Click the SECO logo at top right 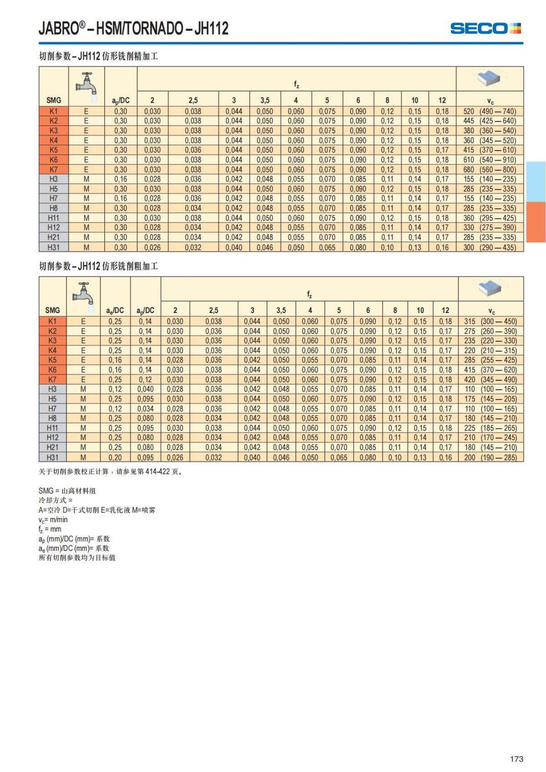coord(485,29)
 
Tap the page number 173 coord(516,759)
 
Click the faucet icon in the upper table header coord(86,83)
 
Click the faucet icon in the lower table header coord(84,293)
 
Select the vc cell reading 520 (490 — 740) coord(490,111)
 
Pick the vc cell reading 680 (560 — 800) coord(490,170)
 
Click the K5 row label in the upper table coord(54,150)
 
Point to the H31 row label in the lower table coord(52,458)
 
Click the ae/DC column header coord(115,311)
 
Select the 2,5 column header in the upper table coord(193,101)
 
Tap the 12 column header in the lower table coord(445,311)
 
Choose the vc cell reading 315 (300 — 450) coord(490,322)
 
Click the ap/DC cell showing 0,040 coord(146,389)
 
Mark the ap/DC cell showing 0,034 coord(146,409)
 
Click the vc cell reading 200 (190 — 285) coord(490,458)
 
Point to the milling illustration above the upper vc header coord(489,78)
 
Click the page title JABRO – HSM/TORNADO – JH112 coord(133,29)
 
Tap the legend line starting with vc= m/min coord(53,520)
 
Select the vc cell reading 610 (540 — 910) coord(490,160)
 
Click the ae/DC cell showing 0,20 coord(115,458)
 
